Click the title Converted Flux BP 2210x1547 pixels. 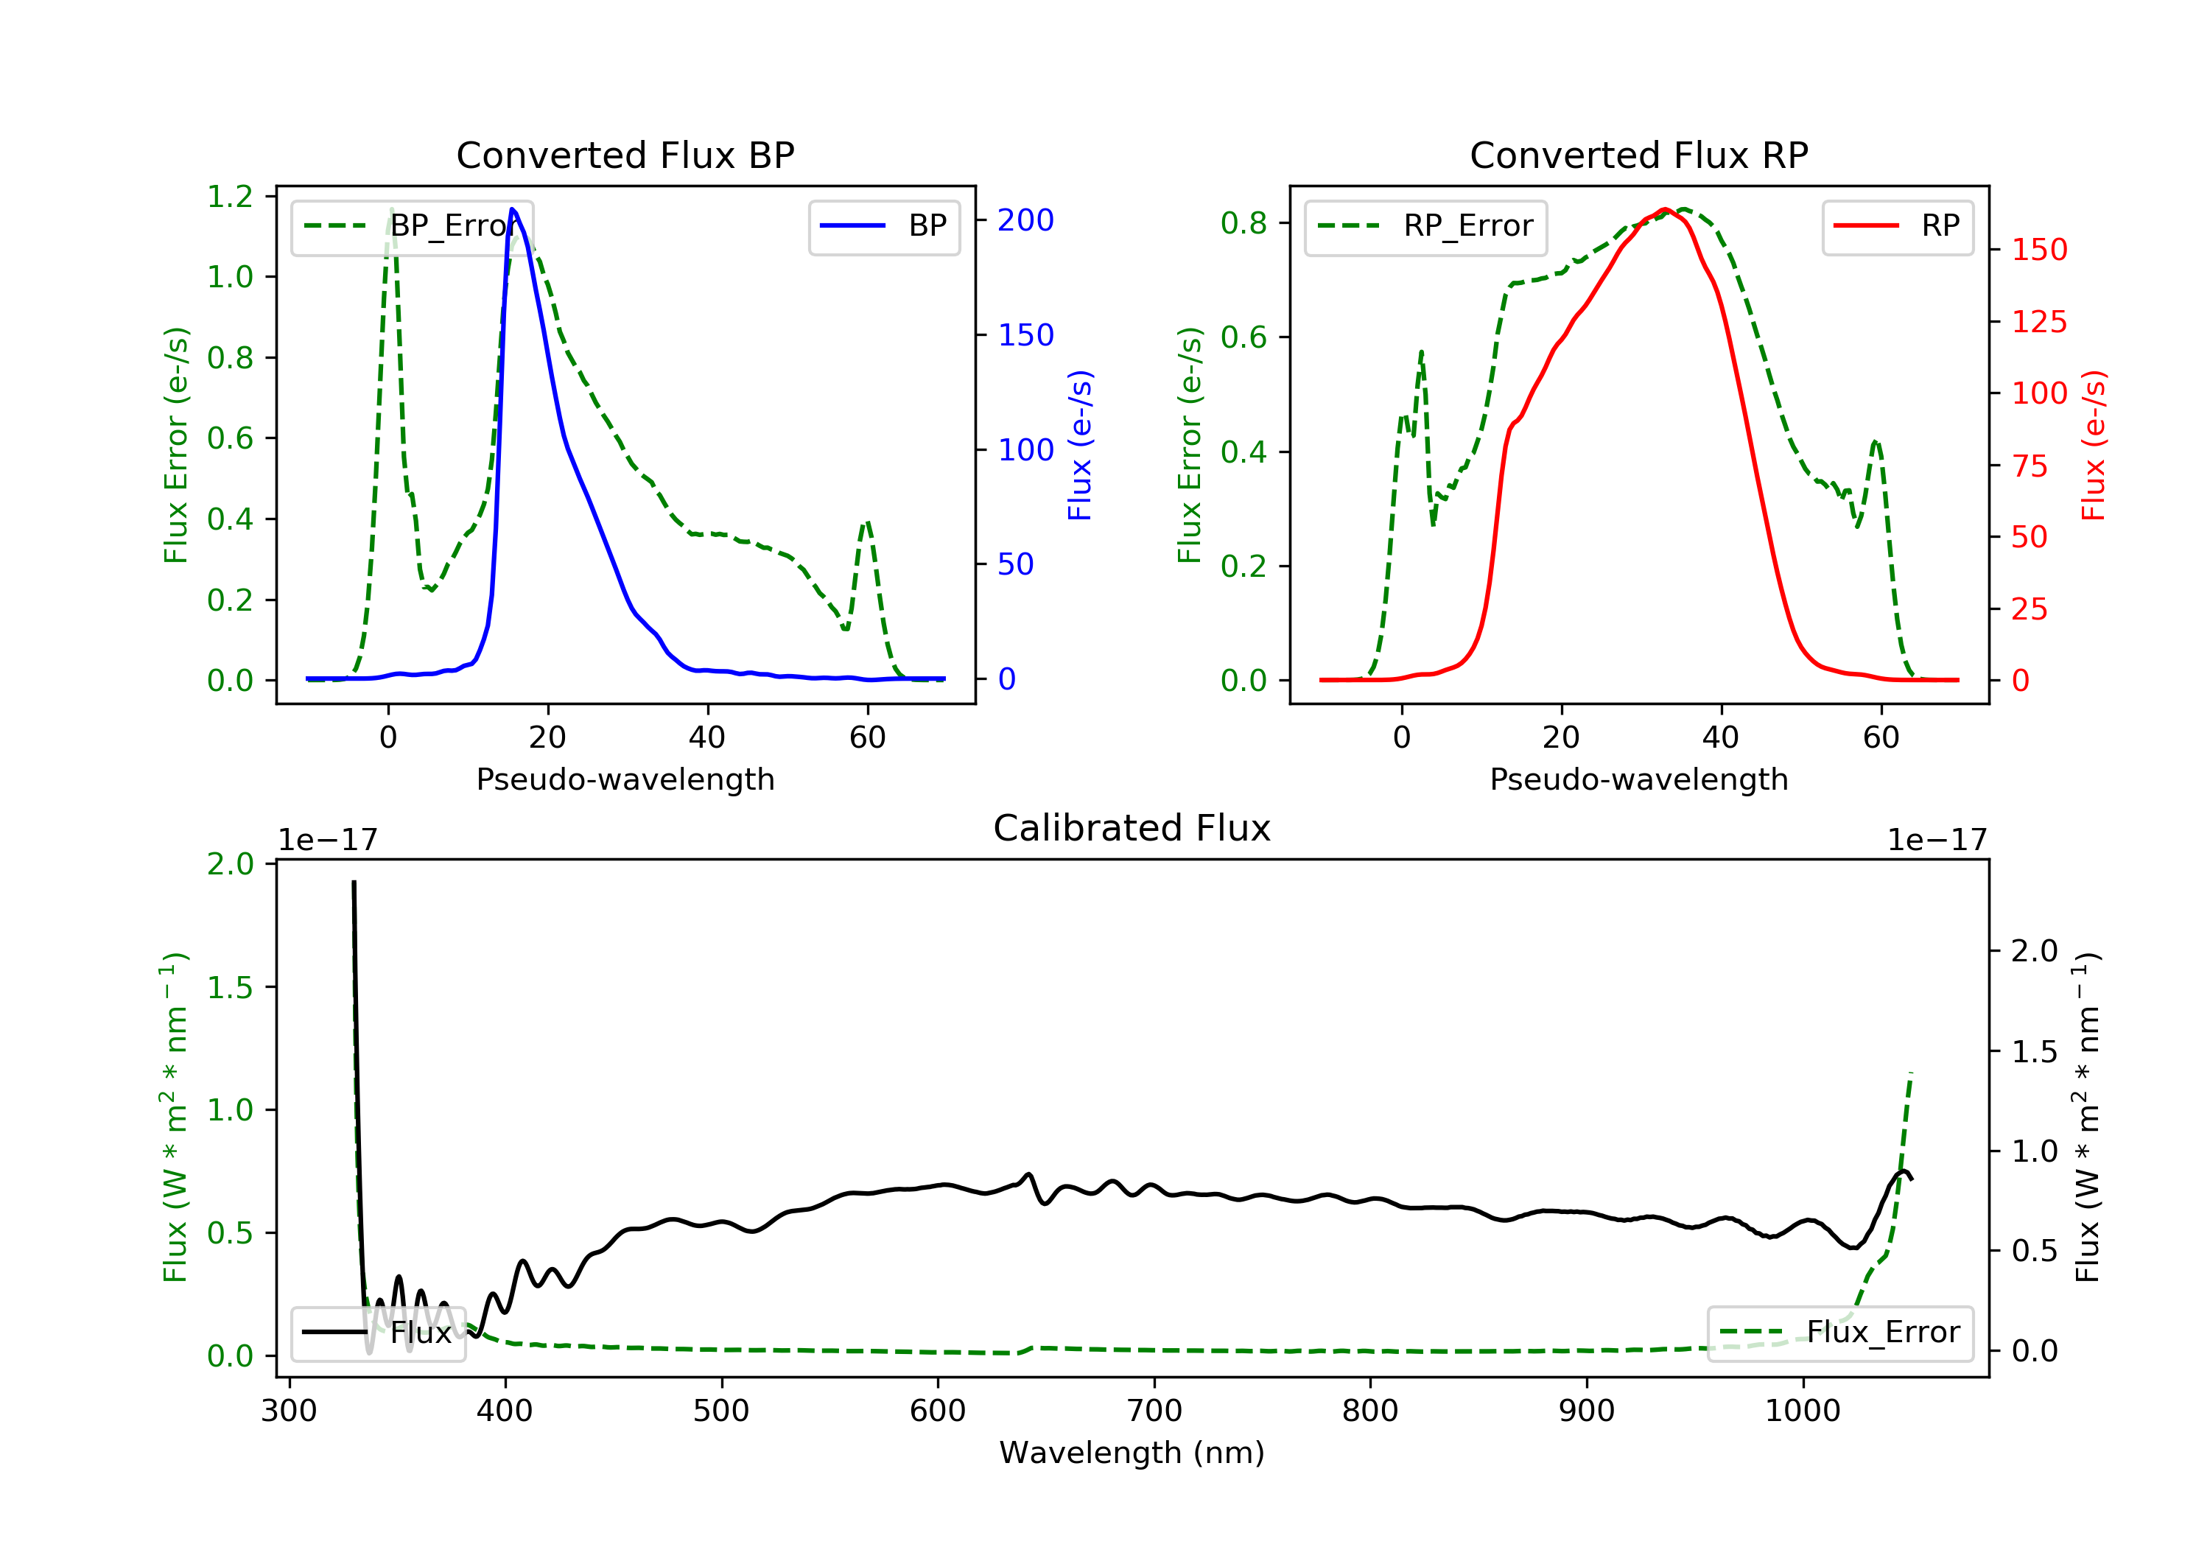tap(625, 155)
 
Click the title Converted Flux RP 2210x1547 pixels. tap(1638, 155)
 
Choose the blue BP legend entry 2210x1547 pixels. tap(883, 226)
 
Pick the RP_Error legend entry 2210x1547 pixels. tap(1425, 226)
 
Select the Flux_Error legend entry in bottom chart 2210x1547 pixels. tap(1839, 1333)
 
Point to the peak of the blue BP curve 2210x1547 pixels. tap(512, 209)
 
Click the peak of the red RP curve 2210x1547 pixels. tap(1665, 209)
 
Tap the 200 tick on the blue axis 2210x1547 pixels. tap(1025, 220)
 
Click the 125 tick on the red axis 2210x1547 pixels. tap(2038, 321)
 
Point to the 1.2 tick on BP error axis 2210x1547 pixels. tap(230, 197)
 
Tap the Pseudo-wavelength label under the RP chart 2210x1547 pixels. tap(1638, 779)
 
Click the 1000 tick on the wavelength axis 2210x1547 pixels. tap(1802, 1411)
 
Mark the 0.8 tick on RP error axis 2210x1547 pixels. tap(1243, 223)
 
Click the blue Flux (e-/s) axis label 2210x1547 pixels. tap(1080, 445)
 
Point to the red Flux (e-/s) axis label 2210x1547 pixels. tap(2094, 445)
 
